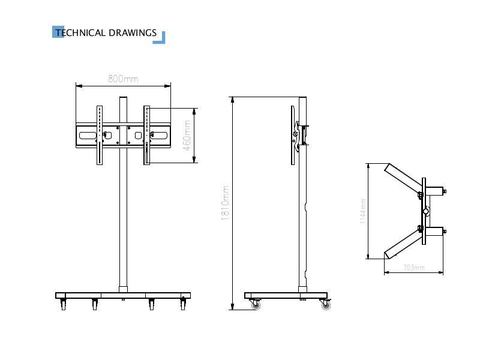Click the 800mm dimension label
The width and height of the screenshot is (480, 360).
[123, 79]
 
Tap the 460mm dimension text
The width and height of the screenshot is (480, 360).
[187, 135]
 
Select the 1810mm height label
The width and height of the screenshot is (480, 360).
[225, 203]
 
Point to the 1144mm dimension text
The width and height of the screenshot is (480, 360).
[363, 211]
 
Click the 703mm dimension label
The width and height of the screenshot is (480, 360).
[414, 267]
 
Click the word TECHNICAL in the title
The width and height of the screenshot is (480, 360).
[80, 33]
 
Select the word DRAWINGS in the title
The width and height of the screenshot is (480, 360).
[133, 33]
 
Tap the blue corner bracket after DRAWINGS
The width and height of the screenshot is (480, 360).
[159, 38]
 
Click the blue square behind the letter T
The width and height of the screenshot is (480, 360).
[58, 32]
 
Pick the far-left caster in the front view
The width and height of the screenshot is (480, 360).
[63, 304]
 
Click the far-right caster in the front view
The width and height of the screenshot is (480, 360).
[183, 304]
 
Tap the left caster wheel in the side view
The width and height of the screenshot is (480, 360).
[256, 304]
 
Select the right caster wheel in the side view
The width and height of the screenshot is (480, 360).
[326, 305]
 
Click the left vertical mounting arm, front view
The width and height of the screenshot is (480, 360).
[100, 136]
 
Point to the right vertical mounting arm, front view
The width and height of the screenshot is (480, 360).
[146, 136]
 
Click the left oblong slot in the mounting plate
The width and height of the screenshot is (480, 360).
[88, 136]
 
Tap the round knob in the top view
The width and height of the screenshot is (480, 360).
[426, 211]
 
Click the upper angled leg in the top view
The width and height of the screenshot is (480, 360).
[404, 178]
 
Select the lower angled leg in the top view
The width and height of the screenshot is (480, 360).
[404, 244]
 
